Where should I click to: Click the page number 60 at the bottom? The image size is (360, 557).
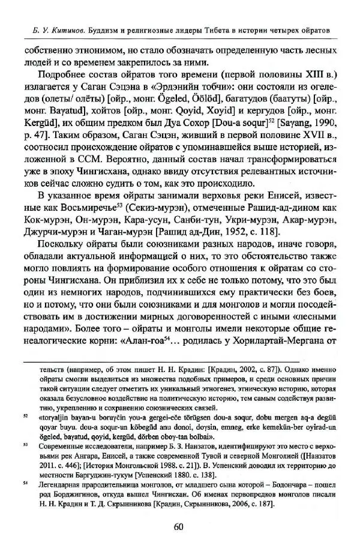tap(178, 527)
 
